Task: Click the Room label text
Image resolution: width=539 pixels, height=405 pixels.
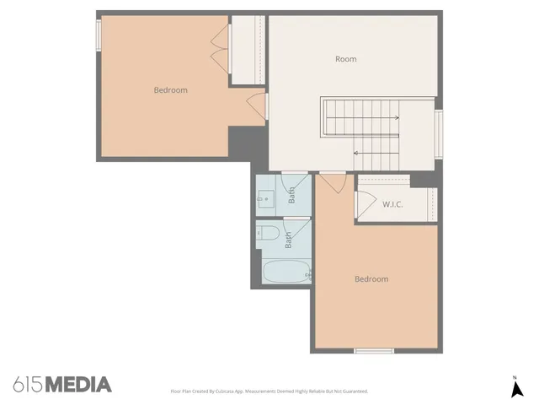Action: point(346,59)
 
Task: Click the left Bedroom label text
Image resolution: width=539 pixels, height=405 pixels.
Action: point(170,90)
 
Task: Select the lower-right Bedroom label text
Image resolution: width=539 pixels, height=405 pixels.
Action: point(371,279)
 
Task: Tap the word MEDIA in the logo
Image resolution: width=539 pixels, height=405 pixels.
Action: point(77,385)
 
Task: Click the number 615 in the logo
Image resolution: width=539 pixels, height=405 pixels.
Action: point(28,385)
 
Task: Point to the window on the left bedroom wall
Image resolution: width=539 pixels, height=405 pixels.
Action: point(98,35)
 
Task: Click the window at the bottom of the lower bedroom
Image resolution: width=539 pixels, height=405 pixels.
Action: point(373,350)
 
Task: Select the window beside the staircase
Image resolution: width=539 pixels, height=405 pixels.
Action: point(438,133)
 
